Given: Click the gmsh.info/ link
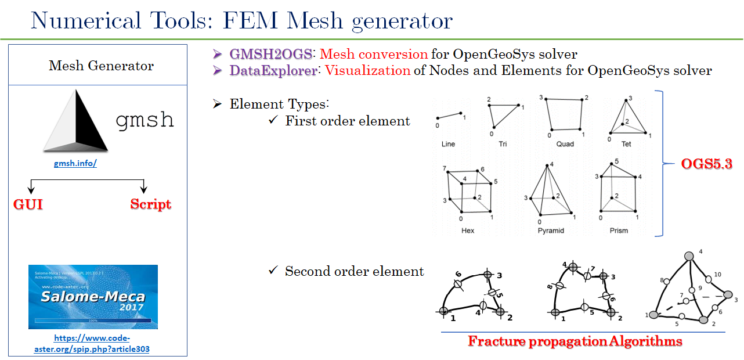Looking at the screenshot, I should (x=75, y=163).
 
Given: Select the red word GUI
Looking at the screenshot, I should (x=28, y=204).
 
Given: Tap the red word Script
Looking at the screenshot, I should (x=150, y=204).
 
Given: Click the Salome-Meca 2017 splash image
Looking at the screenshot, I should (x=93, y=297).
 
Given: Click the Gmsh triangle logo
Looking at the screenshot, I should (x=75, y=123).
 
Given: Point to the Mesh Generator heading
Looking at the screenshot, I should (x=101, y=66).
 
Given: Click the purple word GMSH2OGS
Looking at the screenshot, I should (x=271, y=55).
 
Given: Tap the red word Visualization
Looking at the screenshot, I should (x=367, y=71).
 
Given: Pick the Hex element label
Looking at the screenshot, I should (x=467, y=231).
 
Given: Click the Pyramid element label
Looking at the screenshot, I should (x=550, y=231).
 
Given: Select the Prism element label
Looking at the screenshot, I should (x=619, y=231).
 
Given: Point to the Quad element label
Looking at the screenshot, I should (x=564, y=143).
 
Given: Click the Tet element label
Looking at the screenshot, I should (x=626, y=143).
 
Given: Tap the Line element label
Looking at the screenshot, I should (x=448, y=143).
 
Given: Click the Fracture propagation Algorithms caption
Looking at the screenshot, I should (x=575, y=341).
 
